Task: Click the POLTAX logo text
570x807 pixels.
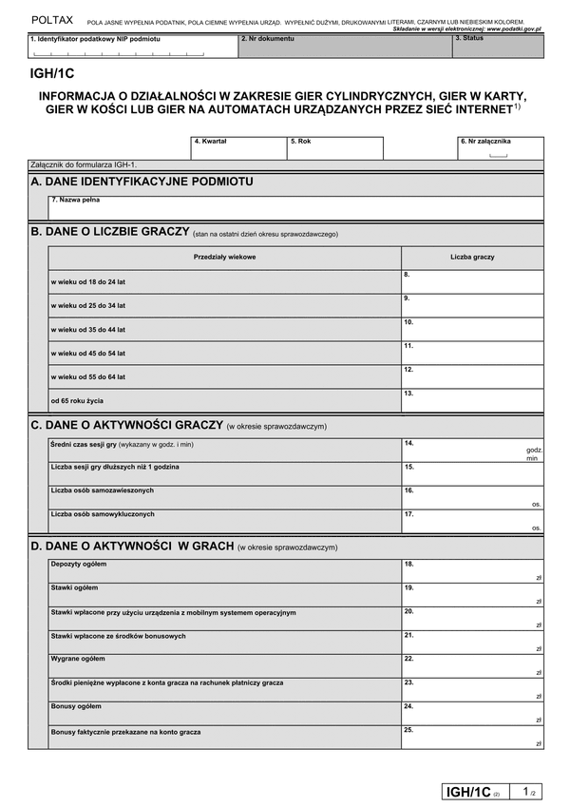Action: click(51, 19)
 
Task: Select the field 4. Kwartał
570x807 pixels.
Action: click(237, 148)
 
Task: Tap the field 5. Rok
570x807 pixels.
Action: click(334, 148)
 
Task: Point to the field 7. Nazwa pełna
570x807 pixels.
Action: click(295, 207)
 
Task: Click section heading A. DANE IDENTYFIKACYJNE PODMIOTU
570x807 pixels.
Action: click(142, 181)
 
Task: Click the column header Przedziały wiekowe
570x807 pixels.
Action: click(224, 257)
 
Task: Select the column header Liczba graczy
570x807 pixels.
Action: click(472, 257)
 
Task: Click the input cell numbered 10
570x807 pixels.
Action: click(472, 329)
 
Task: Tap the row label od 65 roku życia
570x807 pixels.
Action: click(77, 400)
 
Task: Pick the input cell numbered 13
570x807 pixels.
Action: click(472, 400)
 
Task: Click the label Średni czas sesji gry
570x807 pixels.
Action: click(122, 445)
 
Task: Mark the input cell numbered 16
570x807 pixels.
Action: click(472, 496)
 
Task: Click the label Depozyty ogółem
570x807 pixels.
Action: click(79, 565)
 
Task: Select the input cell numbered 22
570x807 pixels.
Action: click(472, 664)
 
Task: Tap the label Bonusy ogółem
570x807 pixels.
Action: click(76, 706)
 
